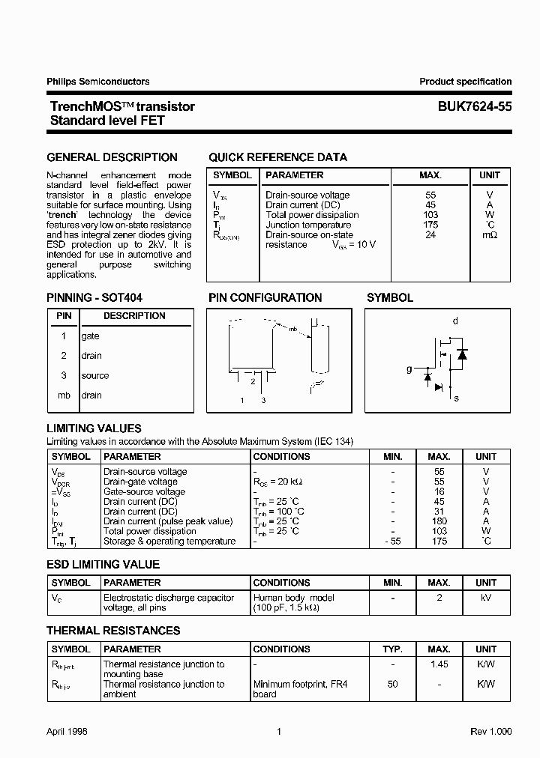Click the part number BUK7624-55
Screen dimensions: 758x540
click(475, 106)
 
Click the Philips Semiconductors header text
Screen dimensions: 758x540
click(97, 82)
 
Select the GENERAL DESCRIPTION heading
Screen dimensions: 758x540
click(112, 157)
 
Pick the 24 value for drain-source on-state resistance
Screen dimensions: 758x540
click(430, 234)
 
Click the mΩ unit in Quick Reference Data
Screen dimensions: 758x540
click(489, 234)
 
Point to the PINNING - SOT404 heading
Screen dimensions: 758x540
click(94, 297)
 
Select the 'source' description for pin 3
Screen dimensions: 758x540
click(95, 375)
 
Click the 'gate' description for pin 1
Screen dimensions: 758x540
click(90, 336)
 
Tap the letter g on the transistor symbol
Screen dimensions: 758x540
click(409, 369)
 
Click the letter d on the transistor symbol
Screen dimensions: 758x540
click(454, 321)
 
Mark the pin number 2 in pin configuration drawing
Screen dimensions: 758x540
click(253, 381)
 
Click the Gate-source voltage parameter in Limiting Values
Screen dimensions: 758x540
click(144, 491)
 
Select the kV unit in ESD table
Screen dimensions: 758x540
click(485, 598)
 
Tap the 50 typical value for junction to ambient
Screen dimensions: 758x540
click(392, 684)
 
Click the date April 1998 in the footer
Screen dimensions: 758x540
click(67, 732)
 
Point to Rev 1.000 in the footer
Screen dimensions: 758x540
click(490, 732)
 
